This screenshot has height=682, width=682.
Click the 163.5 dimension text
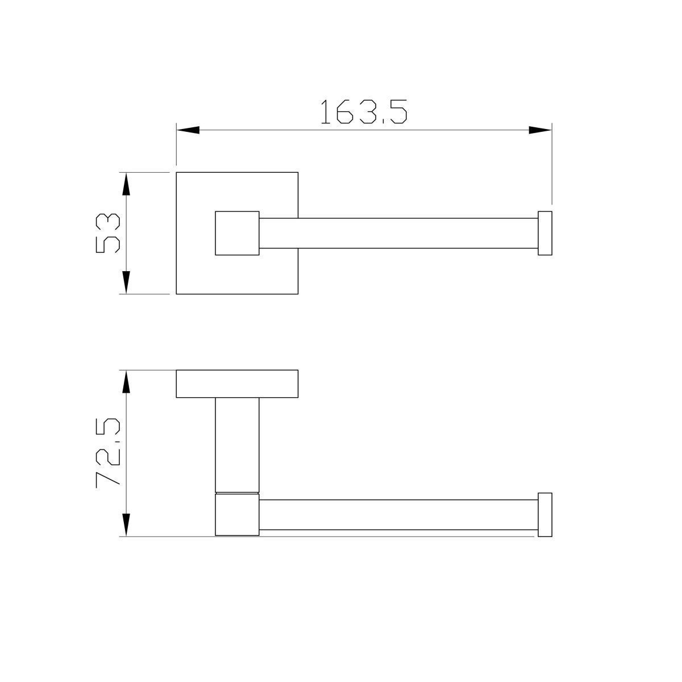(x=364, y=111)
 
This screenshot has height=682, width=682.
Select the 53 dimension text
(x=108, y=233)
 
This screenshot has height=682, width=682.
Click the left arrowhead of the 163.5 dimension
(x=188, y=130)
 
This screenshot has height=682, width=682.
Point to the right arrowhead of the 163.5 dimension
(x=540, y=130)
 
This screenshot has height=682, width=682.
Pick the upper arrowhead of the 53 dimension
(x=126, y=184)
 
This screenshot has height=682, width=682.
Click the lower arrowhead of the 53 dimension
(x=126, y=282)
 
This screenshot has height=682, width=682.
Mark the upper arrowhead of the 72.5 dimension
(x=126, y=381)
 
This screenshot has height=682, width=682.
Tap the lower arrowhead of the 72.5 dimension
(x=126, y=525)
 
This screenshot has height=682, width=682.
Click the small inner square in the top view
(x=237, y=233)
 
